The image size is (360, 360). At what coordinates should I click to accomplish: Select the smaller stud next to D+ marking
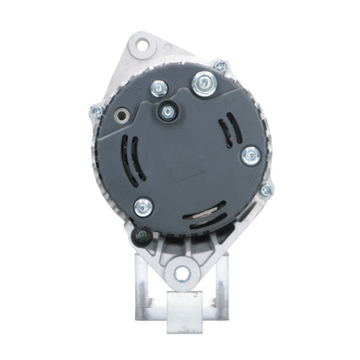[x=159, y=87]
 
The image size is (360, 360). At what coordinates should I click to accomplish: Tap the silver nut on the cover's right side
[x=251, y=155]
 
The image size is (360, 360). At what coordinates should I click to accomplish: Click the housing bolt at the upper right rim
[x=222, y=65]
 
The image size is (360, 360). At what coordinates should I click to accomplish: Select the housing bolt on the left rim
[x=97, y=112]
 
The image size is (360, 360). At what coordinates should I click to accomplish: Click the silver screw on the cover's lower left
[x=142, y=207]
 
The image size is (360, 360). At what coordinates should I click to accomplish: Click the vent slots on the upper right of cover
[x=227, y=132]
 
